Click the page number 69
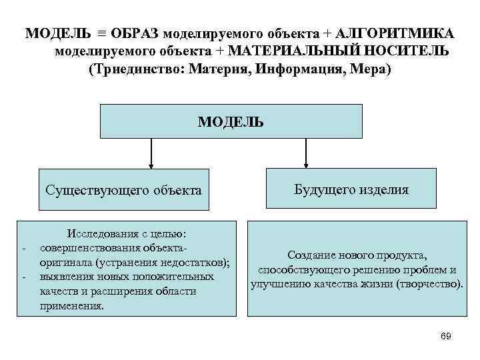[446, 336]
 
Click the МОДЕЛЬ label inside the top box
[231, 122]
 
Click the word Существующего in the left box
[92, 191]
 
